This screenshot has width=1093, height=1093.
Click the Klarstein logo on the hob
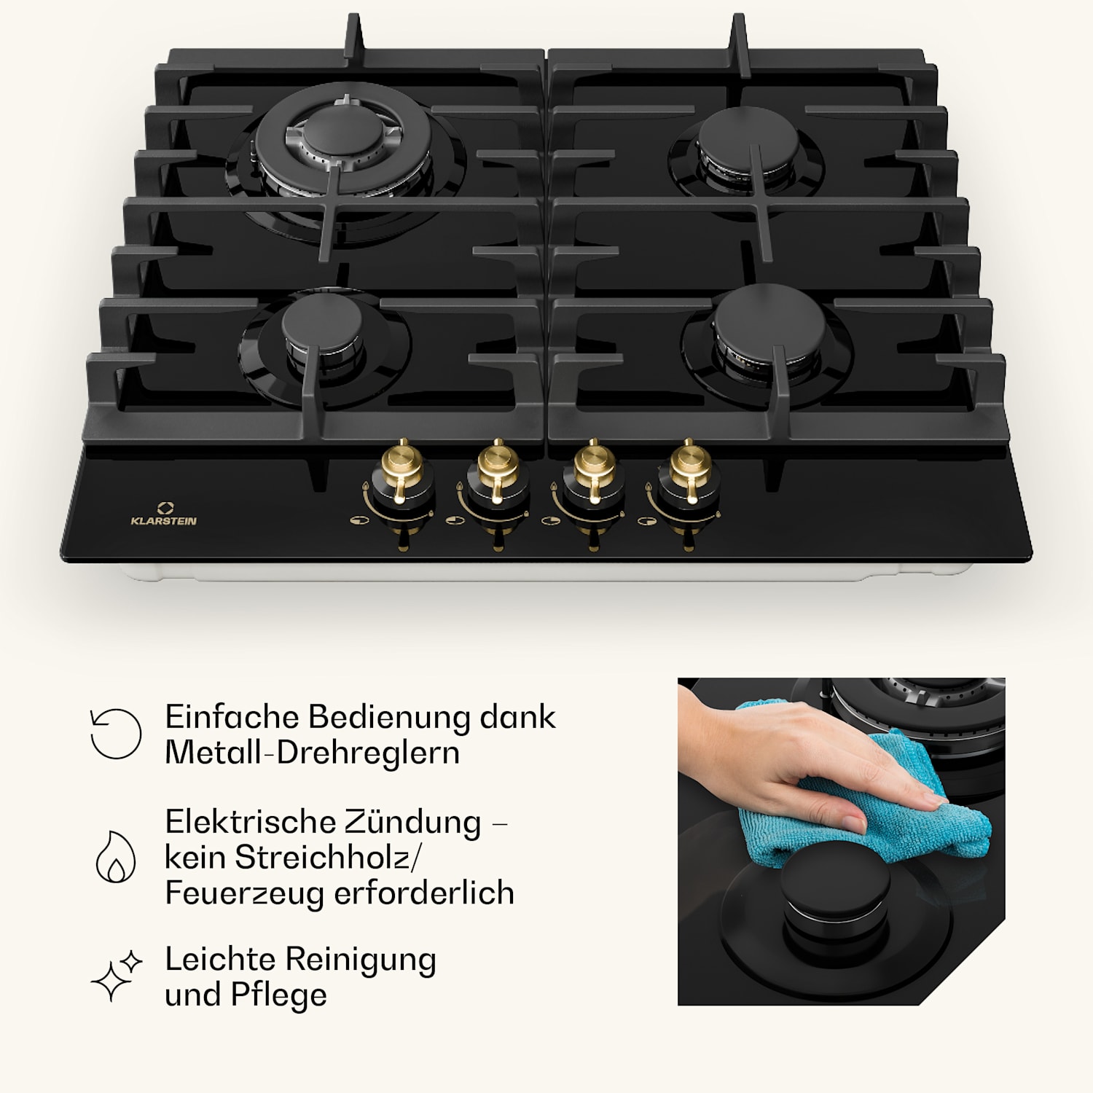pyautogui.click(x=163, y=514)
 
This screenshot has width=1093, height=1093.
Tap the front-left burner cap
pyautogui.click(x=321, y=321)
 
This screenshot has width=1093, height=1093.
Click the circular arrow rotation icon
pyautogui.click(x=116, y=733)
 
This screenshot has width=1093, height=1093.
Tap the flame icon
pyautogui.click(x=116, y=857)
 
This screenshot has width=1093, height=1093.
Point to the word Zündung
pyautogui.click(x=412, y=823)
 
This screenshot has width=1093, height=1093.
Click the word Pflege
pyautogui.click(x=278, y=995)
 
